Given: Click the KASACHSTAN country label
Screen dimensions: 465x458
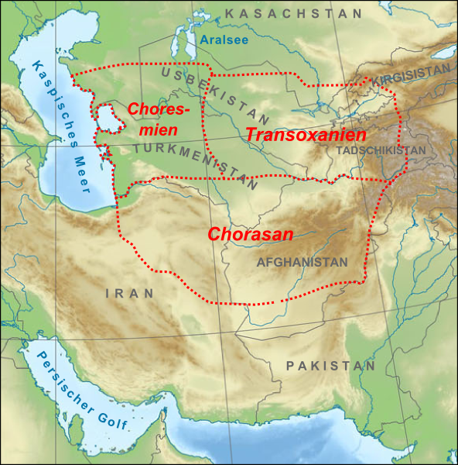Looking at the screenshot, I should (x=294, y=14).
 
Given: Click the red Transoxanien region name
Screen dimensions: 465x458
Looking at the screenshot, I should (x=306, y=133).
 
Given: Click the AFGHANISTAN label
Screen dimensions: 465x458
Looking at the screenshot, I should (x=302, y=263).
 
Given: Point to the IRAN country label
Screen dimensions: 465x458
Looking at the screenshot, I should (x=129, y=293).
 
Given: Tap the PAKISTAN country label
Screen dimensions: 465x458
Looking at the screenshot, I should (x=330, y=365).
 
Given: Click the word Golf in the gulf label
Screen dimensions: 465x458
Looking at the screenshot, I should (x=113, y=419).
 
